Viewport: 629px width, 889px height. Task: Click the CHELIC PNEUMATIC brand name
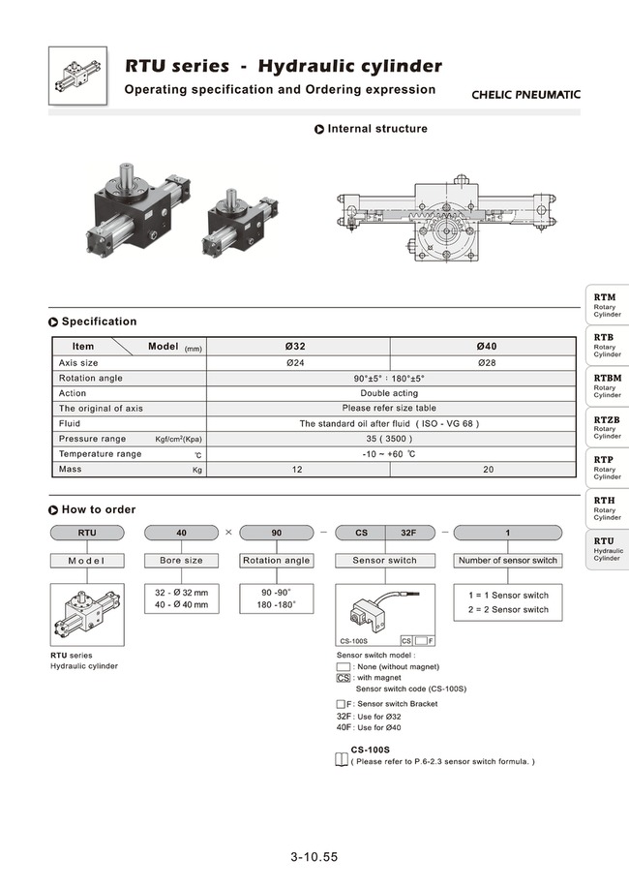pos(525,95)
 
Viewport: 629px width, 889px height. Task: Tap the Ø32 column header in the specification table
pos(297,346)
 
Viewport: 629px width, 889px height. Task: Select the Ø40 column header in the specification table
pos(487,346)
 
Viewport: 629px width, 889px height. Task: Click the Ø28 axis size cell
pos(487,362)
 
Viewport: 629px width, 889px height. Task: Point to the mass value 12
pos(297,470)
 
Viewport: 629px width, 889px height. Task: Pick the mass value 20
pos(487,470)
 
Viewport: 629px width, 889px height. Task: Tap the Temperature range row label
pos(100,454)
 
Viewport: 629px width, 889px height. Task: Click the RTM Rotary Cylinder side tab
pos(607,305)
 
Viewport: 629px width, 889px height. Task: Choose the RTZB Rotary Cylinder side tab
pos(607,427)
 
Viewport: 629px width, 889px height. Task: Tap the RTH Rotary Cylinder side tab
pos(607,508)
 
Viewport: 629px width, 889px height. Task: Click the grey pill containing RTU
pos(87,533)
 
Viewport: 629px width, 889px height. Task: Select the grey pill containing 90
pos(276,533)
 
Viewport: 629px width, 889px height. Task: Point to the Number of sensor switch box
pos(507,561)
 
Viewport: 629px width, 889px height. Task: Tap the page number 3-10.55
pos(314,856)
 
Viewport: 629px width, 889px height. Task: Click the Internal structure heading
pos(376,129)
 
